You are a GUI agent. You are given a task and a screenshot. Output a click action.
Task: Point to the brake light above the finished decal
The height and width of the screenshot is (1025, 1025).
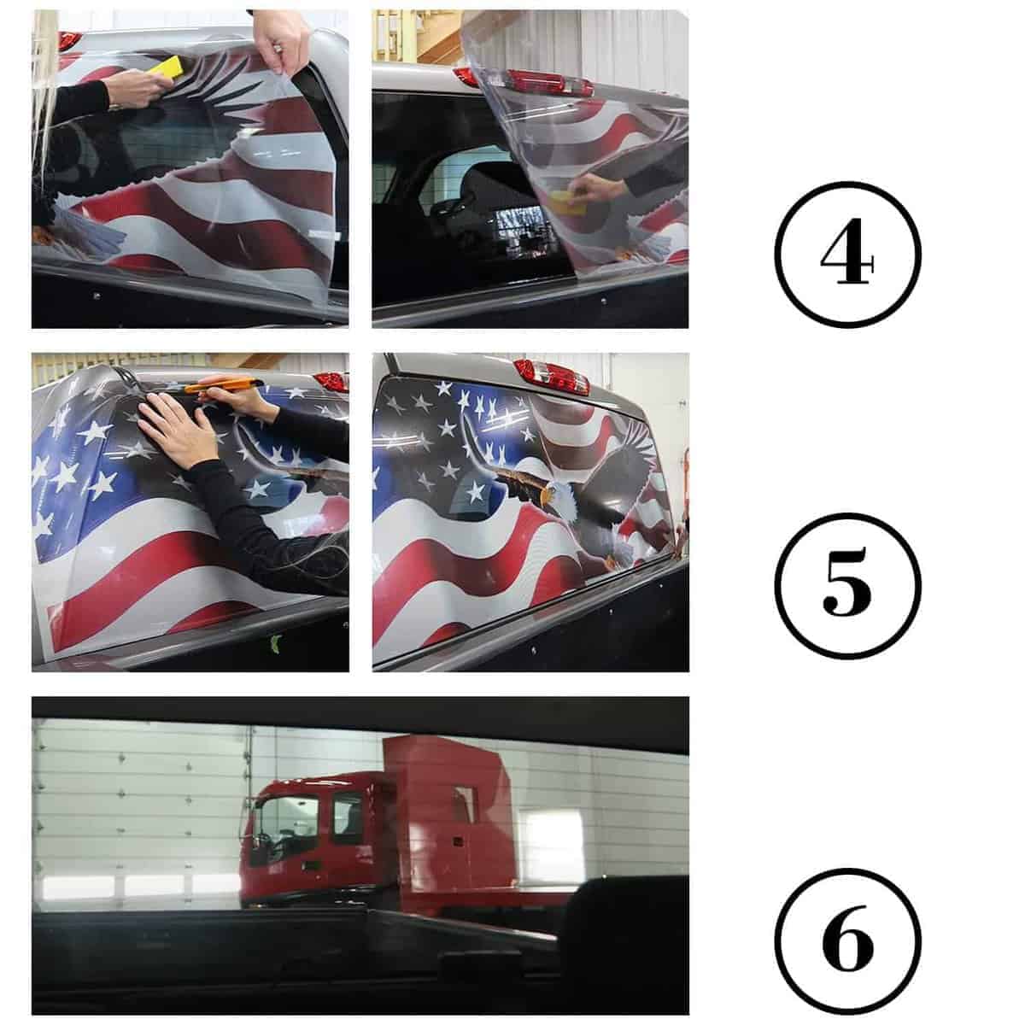552,376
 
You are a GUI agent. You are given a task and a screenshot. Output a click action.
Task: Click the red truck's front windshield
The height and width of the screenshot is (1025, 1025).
284,824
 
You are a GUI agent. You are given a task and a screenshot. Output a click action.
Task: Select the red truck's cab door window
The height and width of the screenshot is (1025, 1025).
348,818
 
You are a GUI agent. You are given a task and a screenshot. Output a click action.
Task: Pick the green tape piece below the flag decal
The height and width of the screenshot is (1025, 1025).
276,643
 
